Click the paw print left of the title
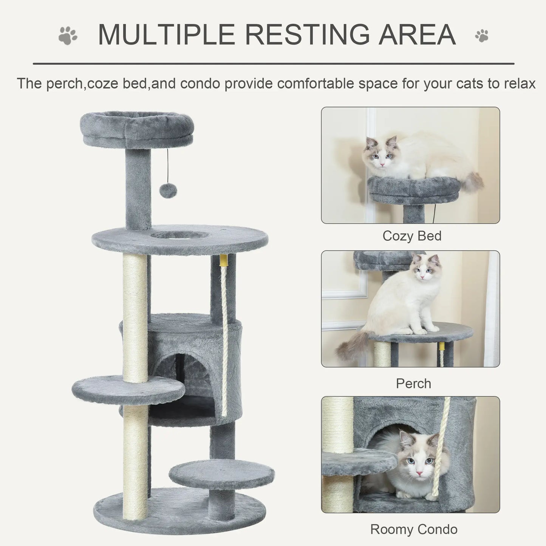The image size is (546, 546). click(x=68, y=35)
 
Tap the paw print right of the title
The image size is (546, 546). click(x=482, y=36)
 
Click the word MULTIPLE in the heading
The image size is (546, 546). click(x=166, y=35)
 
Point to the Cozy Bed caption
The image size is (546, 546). click(x=412, y=236)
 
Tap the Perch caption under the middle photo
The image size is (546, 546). click(x=413, y=384)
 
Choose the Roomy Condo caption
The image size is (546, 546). click(x=414, y=529)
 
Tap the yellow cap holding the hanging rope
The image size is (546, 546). click(x=224, y=260)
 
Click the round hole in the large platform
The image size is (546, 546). click(x=179, y=235)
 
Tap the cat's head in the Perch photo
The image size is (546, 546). click(x=426, y=268)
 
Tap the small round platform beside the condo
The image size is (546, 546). click(x=128, y=389)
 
